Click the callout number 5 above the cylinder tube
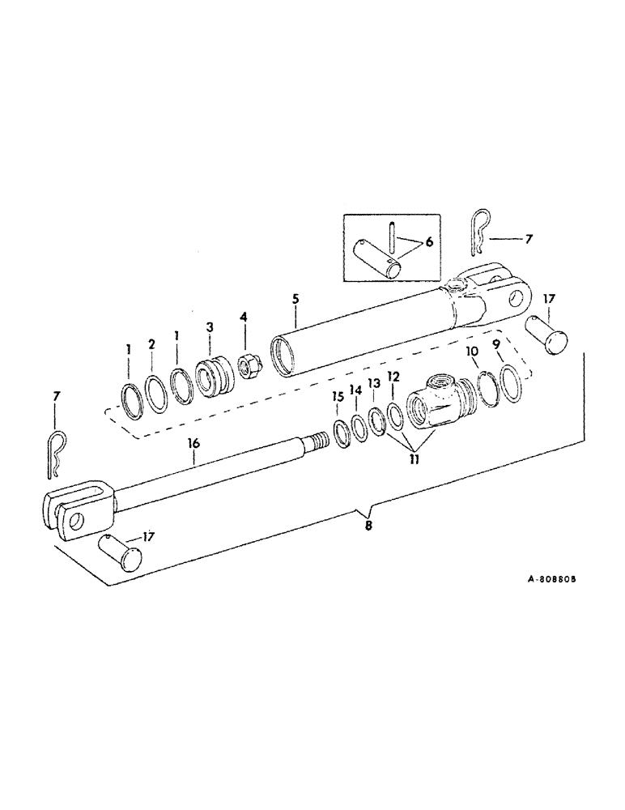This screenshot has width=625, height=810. tap(295, 299)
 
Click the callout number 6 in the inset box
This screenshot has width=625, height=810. tap(428, 242)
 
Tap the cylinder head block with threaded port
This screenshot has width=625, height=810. tap(440, 397)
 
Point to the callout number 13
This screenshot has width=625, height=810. tap(373, 382)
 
